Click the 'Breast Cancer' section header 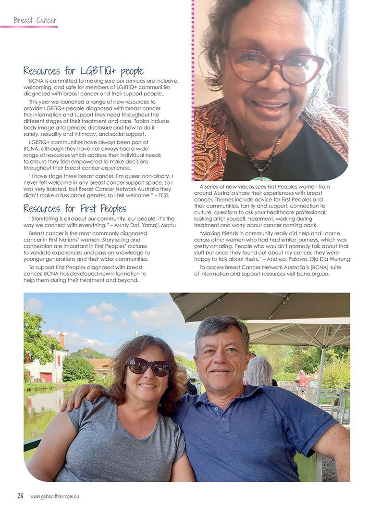pos(35,20)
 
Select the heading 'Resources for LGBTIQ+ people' pos(83,71)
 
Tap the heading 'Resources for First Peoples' pos(74,208)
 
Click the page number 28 pos(20,496)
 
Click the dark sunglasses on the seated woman pos(148,367)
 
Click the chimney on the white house pos(61,340)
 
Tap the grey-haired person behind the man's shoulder pos(259,371)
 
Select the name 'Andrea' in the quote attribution pos(281,259)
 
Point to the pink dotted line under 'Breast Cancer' pos(29,27)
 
